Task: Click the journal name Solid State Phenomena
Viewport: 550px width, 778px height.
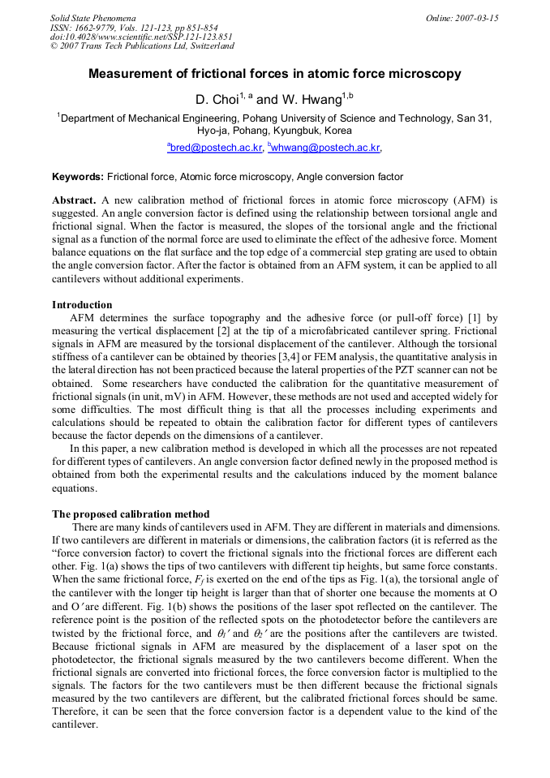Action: pyautogui.click(x=92, y=18)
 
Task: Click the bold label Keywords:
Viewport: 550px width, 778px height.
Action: pyautogui.click(x=78, y=176)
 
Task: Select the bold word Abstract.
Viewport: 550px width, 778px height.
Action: pyautogui.click(x=74, y=200)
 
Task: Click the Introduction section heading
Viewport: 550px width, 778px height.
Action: pyautogui.click(x=82, y=305)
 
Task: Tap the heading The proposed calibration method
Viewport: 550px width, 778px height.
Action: pyautogui.click(x=131, y=514)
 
